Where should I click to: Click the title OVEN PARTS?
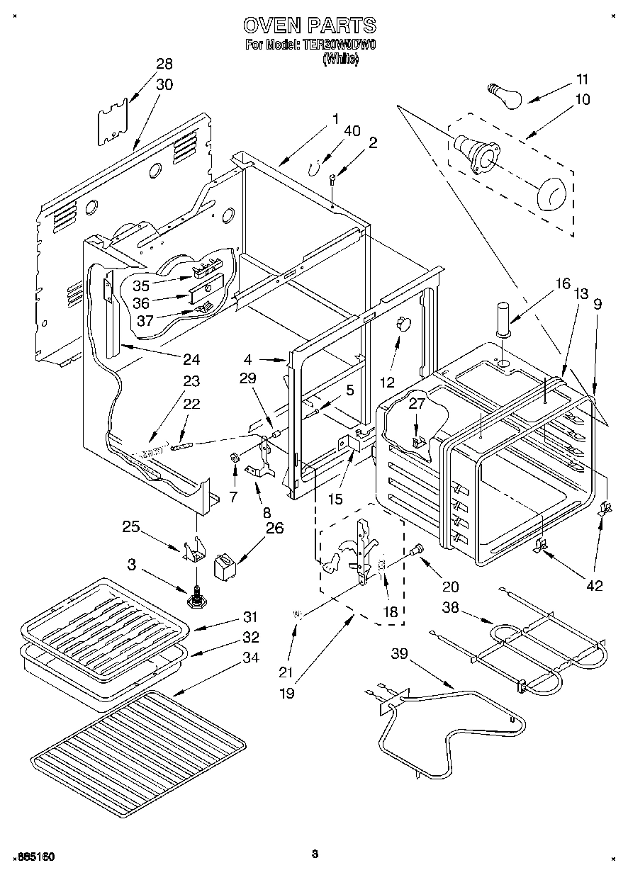[310, 26]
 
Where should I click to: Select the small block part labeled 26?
[225, 568]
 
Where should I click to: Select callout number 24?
[191, 359]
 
